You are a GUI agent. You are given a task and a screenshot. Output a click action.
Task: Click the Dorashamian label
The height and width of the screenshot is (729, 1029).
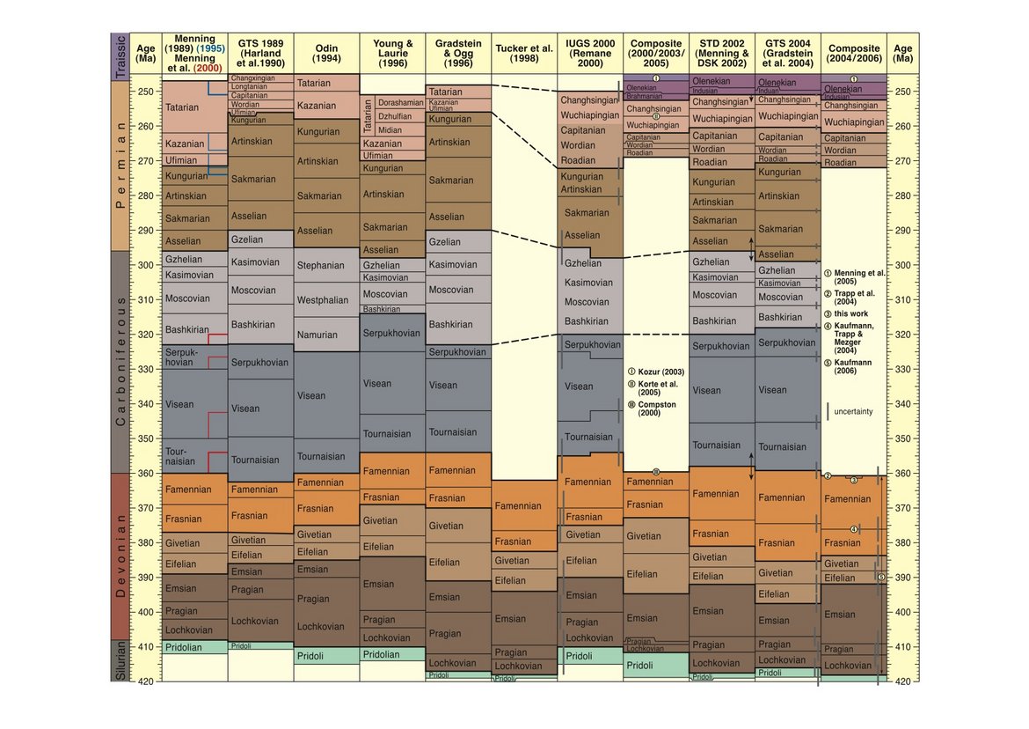[x=400, y=103]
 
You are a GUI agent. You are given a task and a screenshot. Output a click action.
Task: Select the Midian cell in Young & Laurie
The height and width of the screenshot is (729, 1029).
[x=390, y=130]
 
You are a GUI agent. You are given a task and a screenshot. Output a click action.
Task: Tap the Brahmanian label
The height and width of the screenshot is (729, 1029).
[x=644, y=96]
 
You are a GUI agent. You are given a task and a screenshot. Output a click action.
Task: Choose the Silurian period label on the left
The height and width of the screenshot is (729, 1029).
[x=122, y=664]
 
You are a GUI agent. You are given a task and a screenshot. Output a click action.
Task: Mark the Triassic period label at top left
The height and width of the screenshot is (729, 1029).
[x=122, y=57]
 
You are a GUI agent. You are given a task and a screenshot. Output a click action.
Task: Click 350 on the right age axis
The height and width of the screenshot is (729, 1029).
[x=903, y=438]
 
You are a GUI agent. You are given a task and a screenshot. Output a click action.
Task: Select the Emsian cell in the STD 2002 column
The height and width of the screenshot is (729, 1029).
[x=708, y=611]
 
